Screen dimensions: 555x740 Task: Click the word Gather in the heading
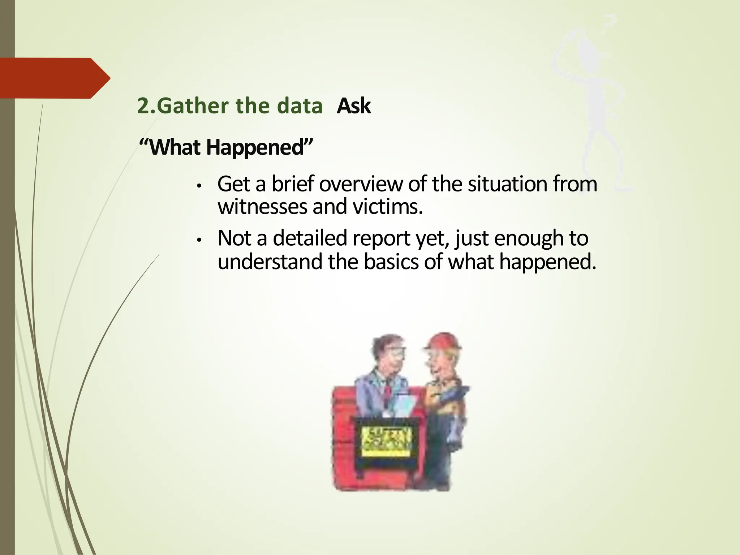(193, 106)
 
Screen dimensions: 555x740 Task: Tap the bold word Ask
(353, 106)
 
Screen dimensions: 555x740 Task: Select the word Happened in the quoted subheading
(255, 147)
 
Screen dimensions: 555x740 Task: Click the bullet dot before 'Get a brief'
(198, 186)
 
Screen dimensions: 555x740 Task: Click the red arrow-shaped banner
(54, 78)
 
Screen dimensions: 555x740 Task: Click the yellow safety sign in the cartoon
(387, 442)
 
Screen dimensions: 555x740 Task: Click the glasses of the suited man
(396, 352)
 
